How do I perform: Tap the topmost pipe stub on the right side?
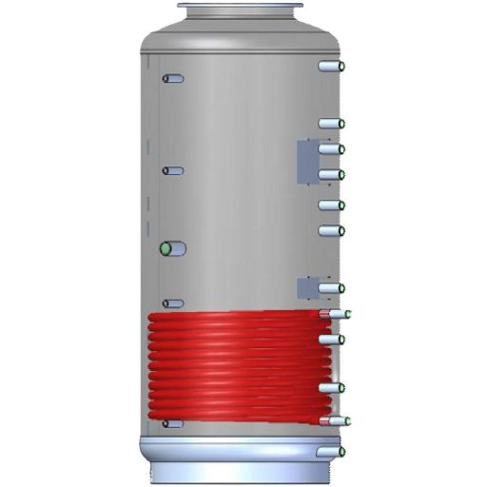coord(330,68)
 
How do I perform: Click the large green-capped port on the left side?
coord(171,249)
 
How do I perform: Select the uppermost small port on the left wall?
coord(173,79)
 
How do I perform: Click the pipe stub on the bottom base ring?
coord(330,450)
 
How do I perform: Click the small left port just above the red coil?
coord(173,304)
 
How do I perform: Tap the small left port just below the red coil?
coord(174,424)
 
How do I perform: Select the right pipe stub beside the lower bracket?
coord(330,287)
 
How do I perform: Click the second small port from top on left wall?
coord(173,171)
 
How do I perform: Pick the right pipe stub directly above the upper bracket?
coord(330,124)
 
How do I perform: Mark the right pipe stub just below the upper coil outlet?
coord(330,339)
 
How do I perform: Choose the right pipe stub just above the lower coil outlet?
coord(330,387)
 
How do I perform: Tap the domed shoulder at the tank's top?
coord(243,40)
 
